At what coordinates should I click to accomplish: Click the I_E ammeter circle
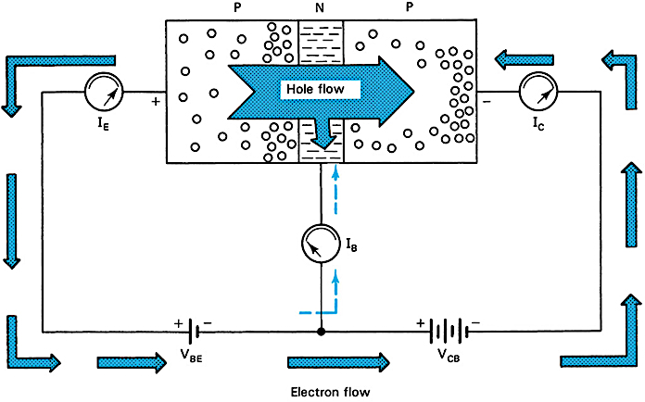click(103, 93)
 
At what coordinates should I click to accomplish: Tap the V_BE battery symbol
click(195, 331)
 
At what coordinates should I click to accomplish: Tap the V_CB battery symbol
click(449, 331)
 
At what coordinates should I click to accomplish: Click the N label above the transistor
click(321, 7)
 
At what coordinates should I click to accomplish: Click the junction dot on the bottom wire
click(321, 331)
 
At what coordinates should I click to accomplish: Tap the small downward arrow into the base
click(321, 134)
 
